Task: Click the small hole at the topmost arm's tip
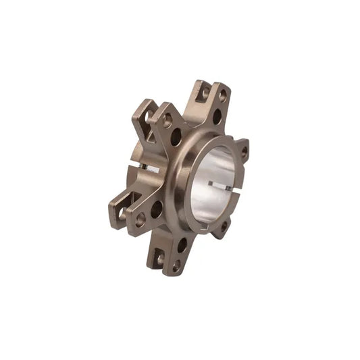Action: pos(222,96)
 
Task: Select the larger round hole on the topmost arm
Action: pos(217,115)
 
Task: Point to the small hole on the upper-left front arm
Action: pos(167,120)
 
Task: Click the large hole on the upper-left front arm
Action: pos(176,137)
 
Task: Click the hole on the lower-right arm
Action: pos(223,226)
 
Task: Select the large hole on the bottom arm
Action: pos(182,245)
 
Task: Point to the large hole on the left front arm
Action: pos(157,209)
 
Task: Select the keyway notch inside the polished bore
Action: pos(221,184)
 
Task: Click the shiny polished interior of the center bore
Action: pos(213,172)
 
